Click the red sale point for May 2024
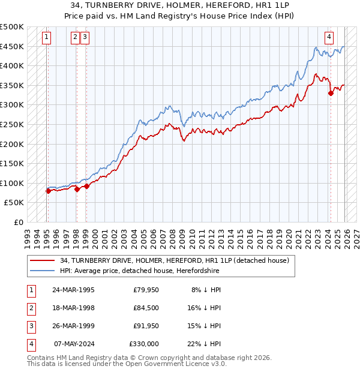(x=331, y=93)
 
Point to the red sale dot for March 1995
(x=48, y=191)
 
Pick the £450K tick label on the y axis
(x=12, y=46)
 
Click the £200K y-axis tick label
(x=12, y=144)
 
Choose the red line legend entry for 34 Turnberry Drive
(x=175, y=260)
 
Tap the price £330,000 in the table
(x=144, y=344)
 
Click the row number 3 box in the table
(x=31, y=326)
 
